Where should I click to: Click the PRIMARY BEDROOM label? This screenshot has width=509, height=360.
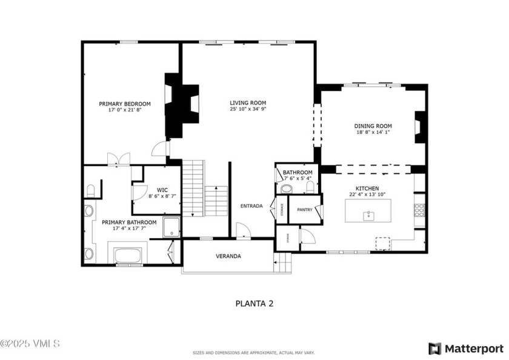click(x=125, y=104)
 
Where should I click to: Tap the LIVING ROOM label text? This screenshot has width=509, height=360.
click(x=248, y=102)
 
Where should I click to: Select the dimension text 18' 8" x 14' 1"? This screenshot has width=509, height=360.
click(x=373, y=132)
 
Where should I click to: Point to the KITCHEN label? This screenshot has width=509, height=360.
click(x=367, y=187)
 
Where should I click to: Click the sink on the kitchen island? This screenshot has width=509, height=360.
click(x=368, y=215)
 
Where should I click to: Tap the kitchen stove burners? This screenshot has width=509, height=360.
click(x=419, y=210)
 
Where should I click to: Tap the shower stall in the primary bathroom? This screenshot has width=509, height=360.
click(x=171, y=227)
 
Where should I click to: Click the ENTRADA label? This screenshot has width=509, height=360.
click(x=251, y=206)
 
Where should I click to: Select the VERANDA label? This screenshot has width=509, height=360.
click(x=228, y=256)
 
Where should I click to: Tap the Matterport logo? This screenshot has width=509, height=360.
click(x=466, y=348)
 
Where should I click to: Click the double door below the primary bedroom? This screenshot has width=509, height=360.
click(x=119, y=159)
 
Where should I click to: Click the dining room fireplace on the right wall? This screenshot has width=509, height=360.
click(x=420, y=127)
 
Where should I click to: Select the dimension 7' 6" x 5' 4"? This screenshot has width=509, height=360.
click(x=297, y=178)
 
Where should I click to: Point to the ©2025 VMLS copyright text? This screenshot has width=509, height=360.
click(x=30, y=344)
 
